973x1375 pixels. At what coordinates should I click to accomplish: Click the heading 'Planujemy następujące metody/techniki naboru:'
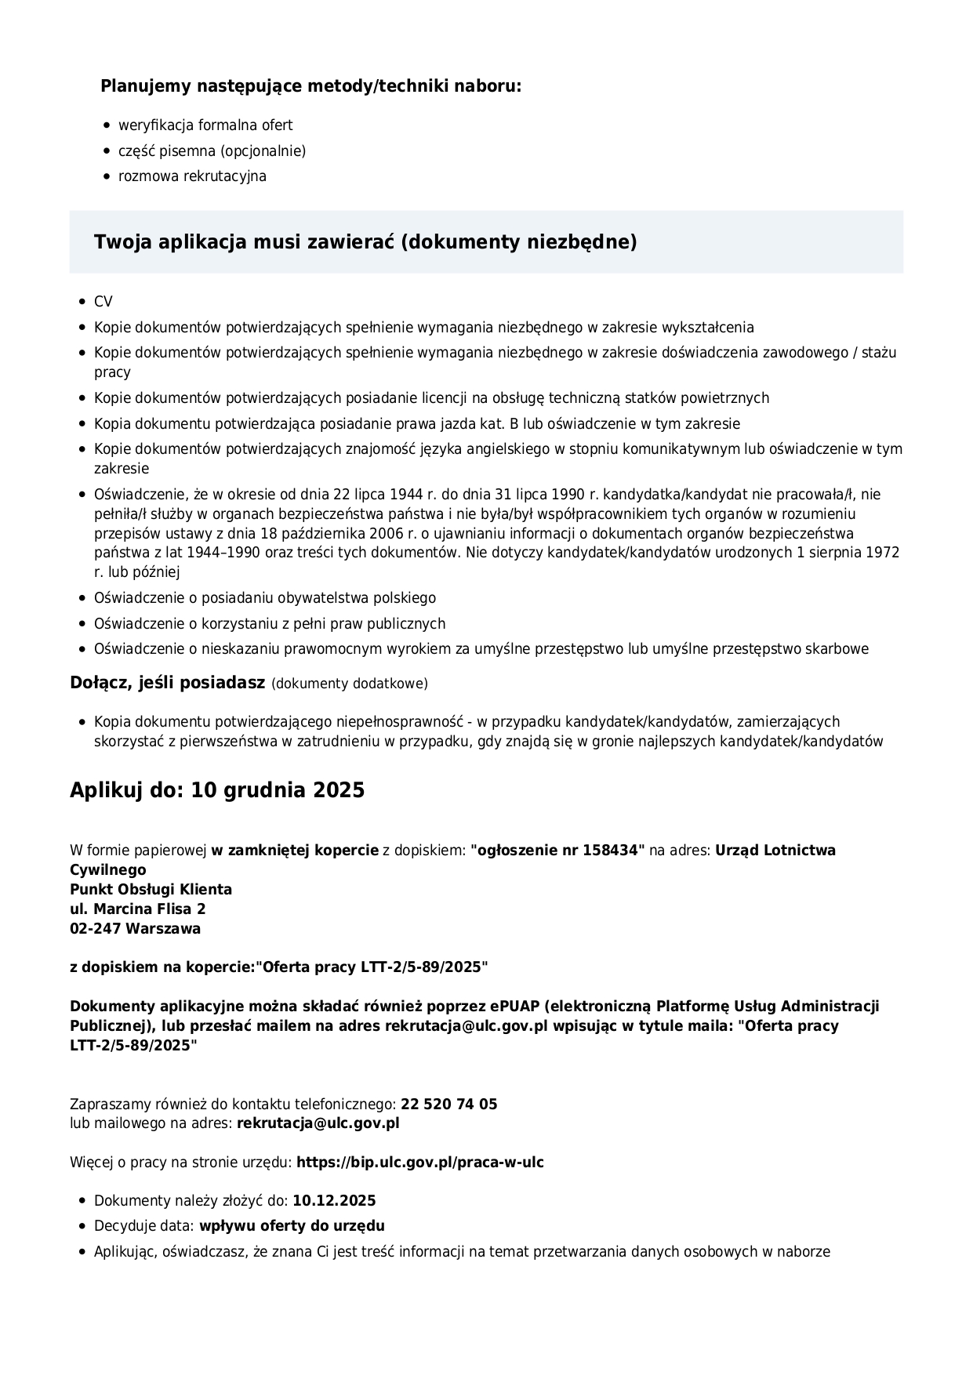click(x=310, y=86)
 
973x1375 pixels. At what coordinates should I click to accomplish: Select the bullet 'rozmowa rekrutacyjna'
click(x=192, y=176)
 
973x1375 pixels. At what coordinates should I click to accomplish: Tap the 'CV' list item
click(x=103, y=302)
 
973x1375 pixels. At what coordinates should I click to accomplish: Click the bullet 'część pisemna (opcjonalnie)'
click(x=212, y=151)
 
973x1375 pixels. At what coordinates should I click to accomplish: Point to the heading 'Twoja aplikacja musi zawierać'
click(x=365, y=242)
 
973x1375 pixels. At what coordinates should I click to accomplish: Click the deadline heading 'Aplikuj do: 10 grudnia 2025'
click(x=217, y=790)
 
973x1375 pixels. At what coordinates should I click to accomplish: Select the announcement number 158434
click(x=612, y=851)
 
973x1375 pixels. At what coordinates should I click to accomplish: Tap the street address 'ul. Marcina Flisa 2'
click(x=138, y=909)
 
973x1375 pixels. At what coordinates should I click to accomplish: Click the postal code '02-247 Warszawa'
click(x=135, y=929)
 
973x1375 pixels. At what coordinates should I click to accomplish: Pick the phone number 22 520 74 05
click(x=449, y=1105)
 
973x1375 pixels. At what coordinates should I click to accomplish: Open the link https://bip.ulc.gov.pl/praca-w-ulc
click(x=419, y=1163)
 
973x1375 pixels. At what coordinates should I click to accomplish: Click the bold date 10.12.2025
click(x=334, y=1201)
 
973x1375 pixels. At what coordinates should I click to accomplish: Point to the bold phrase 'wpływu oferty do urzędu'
click(x=292, y=1226)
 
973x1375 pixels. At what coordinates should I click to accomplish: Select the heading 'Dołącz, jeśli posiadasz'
click(x=168, y=683)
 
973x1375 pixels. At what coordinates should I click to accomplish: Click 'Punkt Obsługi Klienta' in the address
click(x=151, y=890)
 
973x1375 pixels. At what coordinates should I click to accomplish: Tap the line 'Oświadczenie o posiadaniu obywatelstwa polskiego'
click(x=265, y=598)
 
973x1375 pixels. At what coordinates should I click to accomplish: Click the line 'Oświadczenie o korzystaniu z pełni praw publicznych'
click(x=270, y=624)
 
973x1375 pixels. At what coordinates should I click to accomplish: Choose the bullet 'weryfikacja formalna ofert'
click(x=205, y=125)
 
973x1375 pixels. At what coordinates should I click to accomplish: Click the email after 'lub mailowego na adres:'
click(x=318, y=1123)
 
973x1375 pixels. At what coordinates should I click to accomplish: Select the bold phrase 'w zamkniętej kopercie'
click(x=295, y=851)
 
